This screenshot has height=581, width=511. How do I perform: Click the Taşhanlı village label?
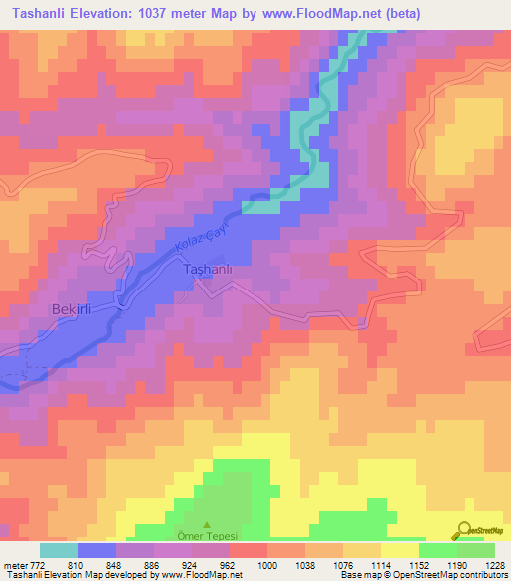click(209, 270)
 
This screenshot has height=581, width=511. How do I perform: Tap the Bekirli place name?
click(71, 310)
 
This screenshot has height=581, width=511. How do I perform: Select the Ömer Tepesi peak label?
click(208, 536)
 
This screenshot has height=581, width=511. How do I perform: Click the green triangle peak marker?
click(208, 525)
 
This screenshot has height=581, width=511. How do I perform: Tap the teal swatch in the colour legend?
click(59, 550)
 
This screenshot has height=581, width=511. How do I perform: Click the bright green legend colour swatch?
click(438, 550)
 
